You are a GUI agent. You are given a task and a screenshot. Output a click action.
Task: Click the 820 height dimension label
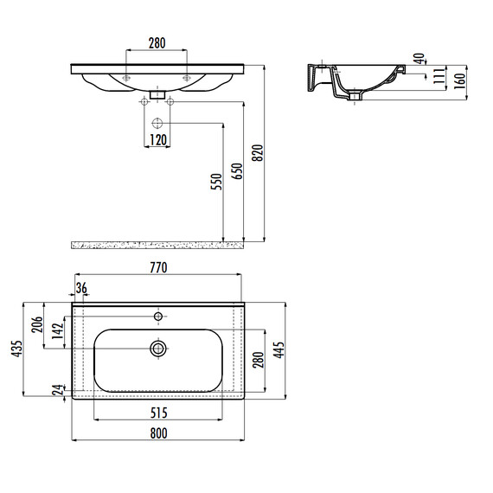point(258,153)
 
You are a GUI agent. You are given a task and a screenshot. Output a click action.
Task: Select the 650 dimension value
point(237,171)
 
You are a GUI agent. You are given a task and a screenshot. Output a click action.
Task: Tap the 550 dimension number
point(216,182)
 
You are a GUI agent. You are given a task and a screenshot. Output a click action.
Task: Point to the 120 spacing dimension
point(157,140)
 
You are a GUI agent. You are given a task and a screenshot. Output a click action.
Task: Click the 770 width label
point(158,267)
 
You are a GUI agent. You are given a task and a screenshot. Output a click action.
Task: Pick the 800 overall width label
point(158,433)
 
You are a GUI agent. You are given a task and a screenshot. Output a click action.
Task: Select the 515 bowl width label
point(158,413)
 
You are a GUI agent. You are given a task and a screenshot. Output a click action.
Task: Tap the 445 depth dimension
point(279,349)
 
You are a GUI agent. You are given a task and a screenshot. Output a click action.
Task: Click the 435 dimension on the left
point(17,349)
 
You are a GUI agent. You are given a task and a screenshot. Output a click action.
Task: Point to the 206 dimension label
point(37,324)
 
